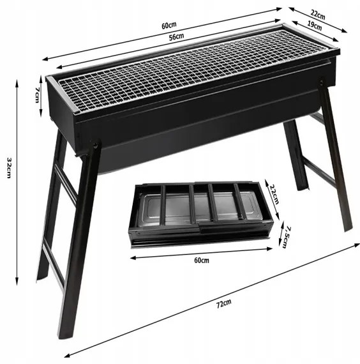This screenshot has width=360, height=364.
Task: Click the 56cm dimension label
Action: coord(176,36)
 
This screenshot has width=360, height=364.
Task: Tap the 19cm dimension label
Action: coord(314,26)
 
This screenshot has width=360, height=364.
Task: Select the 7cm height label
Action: coord(37,95)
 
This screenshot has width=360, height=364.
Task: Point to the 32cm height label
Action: coord(9,167)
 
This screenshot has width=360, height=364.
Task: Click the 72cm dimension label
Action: coord(224,303)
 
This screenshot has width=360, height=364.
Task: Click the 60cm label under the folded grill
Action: coord(202,261)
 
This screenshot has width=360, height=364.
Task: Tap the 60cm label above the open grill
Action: coord(169,26)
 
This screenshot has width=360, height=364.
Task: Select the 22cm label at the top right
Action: coord(318,15)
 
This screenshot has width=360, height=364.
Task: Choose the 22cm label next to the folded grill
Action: coord(274,194)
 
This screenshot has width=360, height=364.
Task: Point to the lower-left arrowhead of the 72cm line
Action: coord(67,356)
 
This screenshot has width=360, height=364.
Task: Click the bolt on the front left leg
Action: coord(95,146)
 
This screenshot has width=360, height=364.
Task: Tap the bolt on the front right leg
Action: coord(321,82)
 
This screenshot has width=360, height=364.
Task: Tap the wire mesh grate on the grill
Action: coord(192,70)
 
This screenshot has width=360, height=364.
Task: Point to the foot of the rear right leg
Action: coord(303,187)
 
